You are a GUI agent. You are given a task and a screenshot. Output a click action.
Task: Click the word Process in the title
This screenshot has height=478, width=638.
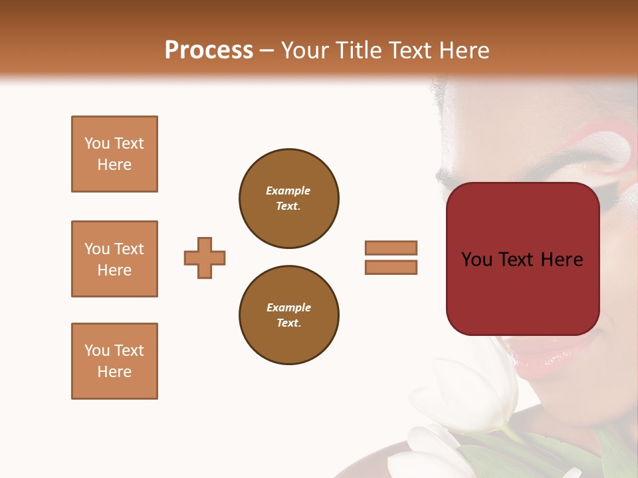[x=209, y=50]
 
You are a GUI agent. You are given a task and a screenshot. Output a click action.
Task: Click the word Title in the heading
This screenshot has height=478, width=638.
[x=358, y=50]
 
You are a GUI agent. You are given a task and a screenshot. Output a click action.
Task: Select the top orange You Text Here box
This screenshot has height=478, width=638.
[x=114, y=154]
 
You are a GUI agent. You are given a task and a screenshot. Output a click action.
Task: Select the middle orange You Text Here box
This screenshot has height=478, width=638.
[x=114, y=259]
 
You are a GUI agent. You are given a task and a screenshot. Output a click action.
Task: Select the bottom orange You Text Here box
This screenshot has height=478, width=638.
[x=114, y=361]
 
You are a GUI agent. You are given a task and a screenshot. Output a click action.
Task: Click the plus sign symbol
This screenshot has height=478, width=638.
[x=205, y=258]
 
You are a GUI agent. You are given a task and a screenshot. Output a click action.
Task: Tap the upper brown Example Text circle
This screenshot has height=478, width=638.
[x=288, y=198]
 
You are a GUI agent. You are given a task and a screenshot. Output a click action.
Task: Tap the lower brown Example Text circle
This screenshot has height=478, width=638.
[x=288, y=315]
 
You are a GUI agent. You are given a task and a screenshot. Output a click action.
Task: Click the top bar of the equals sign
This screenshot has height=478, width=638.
[x=391, y=248]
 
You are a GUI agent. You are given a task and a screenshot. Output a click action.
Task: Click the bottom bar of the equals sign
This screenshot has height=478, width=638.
[x=391, y=267]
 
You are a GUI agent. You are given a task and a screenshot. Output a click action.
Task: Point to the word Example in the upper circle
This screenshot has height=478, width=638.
[x=288, y=191]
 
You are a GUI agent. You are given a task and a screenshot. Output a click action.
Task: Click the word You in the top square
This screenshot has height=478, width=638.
[x=97, y=143]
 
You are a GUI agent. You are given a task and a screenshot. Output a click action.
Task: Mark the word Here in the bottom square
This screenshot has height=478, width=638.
[x=114, y=372]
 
